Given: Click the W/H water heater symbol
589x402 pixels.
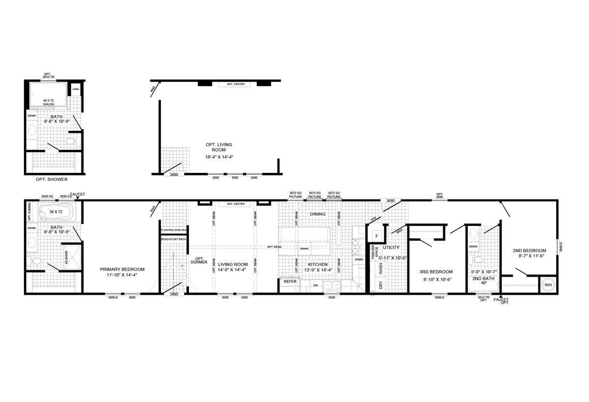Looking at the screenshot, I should (548, 285).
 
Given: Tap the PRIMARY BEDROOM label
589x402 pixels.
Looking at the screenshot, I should (122, 269).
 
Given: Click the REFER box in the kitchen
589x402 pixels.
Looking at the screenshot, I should (290, 282).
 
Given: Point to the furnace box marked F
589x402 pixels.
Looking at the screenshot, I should (377, 236).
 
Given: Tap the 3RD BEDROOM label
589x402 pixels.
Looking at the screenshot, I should (436, 272).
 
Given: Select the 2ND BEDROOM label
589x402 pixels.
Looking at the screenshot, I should (530, 250).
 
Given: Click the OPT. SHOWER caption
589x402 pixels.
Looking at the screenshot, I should (52, 179).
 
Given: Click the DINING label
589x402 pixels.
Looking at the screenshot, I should (318, 214).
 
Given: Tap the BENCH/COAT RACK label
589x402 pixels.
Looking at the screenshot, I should (174, 239).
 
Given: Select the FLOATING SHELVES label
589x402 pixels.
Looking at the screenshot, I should (174, 230).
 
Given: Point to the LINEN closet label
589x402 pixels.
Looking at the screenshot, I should (75, 89).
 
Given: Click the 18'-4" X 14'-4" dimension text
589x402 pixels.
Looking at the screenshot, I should (219, 157).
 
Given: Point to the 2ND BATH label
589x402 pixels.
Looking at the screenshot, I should (481, 278).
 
